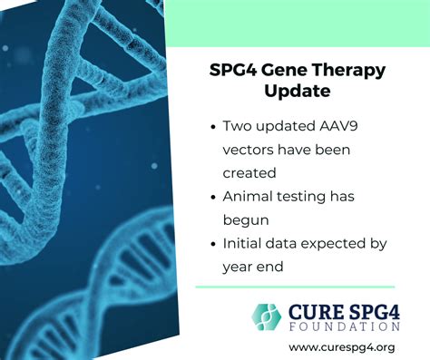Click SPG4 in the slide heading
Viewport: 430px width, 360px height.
pyautogui.click(x=229, y=70)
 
